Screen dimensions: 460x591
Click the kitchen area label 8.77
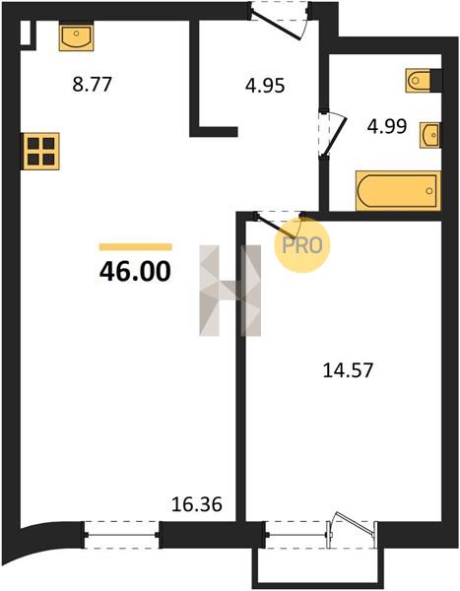pyautogui.click(x=92, y=84)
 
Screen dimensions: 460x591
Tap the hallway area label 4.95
pyautogui.click(x=265, y=86)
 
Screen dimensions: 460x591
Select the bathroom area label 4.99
pyautogui.click(x=387, y=126)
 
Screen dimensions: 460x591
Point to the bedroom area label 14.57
pyautogui.click(x=348, y=370)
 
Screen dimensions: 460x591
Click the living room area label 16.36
pyautogui.click(x=196, y=504)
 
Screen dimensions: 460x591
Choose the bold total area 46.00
pyautogui.click(x=135, y=272)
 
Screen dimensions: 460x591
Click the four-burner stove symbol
pyautogui.click(x=40, y=151)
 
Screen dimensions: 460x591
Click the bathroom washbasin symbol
pyautogui.click(x=430, y=135)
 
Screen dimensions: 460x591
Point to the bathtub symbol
pyautogui.click(x=398, y=191)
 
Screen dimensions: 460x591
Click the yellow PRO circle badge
pyautogui.click(x=302, y=245)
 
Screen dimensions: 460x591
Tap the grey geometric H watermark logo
pyautogui.click(x=230, y=291)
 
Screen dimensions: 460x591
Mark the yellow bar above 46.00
pyautogui.click(x=135, y=247)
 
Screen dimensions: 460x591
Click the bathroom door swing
pyautogui.click(x=336, y=134)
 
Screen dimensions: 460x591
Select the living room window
pyautogui.click(x=121, y=535)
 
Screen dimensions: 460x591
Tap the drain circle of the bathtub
pyautogui.click(x=429, y=191)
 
